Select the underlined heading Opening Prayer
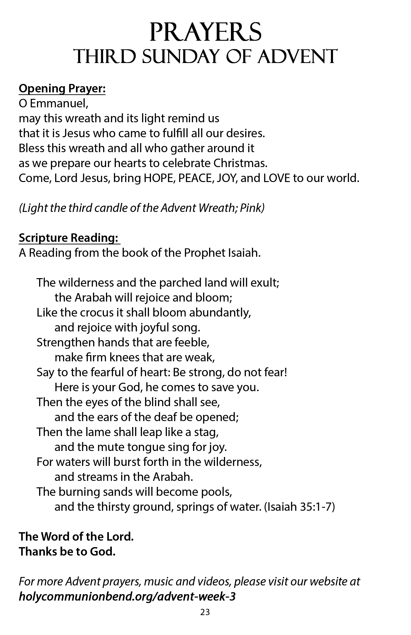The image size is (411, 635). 62,89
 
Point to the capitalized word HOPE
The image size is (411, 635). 159,178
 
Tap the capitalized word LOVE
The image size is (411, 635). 276,178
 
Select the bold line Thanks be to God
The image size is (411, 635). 67,552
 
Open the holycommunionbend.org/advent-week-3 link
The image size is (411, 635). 127,597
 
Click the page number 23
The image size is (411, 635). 205,612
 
